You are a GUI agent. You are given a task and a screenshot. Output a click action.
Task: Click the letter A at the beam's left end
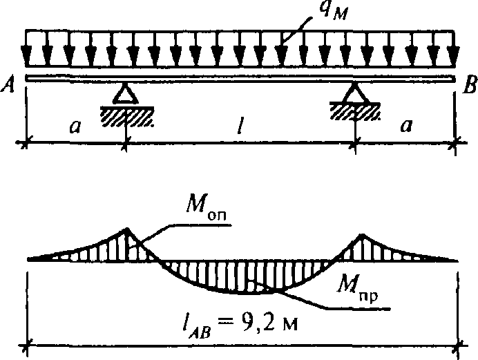point(8,84)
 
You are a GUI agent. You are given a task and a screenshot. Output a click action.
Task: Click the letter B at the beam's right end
point(470,84)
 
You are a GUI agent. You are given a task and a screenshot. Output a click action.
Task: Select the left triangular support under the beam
point(125,93)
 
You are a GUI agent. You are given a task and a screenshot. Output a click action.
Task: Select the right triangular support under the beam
point(355,93)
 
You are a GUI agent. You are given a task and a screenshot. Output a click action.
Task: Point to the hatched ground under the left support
point(127,117)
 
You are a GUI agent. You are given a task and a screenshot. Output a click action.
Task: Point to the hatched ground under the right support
point(355,111)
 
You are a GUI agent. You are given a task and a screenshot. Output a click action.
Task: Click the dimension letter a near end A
point(75,126)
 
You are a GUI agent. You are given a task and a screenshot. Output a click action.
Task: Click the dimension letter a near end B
point(406,125)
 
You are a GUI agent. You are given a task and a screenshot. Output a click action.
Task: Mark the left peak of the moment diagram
point(126,228)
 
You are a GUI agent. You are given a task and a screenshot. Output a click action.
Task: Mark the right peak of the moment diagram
point(362,234)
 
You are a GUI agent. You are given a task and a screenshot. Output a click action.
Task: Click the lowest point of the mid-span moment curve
point(244,294)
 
